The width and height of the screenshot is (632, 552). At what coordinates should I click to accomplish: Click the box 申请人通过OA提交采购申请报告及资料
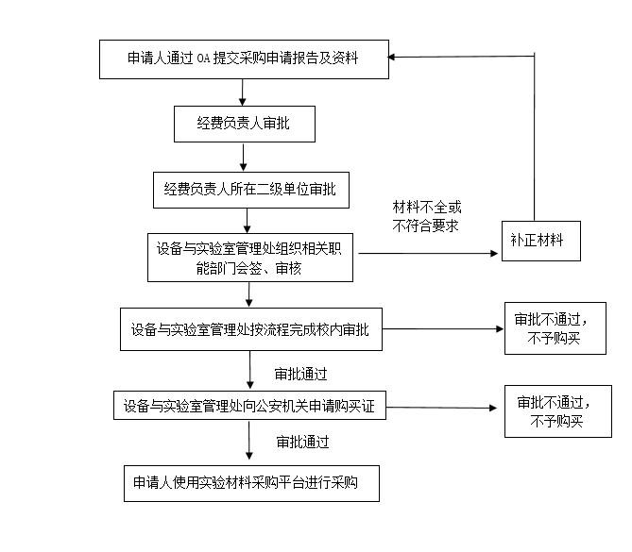pos(243,59)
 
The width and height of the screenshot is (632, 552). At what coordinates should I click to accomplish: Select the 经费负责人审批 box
pos(243,124)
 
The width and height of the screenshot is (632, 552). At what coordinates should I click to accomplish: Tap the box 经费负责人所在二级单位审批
pos(249,189)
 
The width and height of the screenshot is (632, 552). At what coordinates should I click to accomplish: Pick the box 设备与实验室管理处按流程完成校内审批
pos(250,330)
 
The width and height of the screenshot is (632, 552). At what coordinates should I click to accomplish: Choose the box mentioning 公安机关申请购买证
pos(249,407)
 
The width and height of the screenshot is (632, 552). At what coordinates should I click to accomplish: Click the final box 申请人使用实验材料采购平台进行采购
pos(250,482)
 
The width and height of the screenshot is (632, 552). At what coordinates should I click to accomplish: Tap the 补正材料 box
pos(539,241)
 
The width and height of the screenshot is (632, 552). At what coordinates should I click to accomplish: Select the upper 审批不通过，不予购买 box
pos(554,327)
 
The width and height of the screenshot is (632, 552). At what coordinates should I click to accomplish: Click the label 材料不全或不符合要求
pos(426,216)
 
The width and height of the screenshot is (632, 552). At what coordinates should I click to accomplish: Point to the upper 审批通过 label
pos(299,375)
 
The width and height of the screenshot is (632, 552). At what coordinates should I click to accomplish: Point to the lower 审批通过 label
pos(302,442)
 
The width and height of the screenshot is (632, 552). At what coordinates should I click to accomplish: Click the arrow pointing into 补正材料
pos(425,253)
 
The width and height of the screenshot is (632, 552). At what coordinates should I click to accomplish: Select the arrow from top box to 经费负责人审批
pos(243,92)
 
